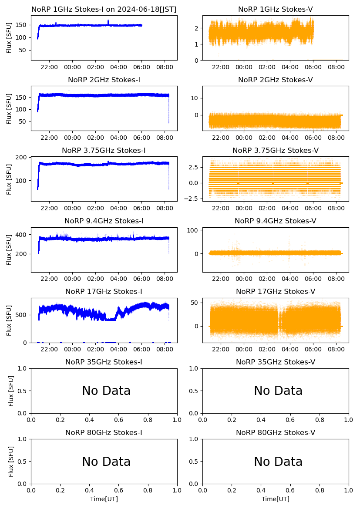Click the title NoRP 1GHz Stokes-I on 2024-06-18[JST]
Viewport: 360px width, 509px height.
pos(104,10)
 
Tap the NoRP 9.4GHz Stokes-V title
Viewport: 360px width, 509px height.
pos(276,221)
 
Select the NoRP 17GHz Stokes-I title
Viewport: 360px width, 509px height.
pos(104,292)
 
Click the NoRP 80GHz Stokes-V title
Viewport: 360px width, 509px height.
pos(276,433)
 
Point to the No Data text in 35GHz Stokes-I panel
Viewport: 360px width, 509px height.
pos(106,391)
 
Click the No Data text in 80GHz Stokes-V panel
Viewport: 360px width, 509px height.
pos(278,462)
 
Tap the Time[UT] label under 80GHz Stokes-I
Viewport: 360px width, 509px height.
pos(104,499)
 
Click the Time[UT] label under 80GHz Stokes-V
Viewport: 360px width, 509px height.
pos(276,499)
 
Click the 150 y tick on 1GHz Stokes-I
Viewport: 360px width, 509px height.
pos(22,25)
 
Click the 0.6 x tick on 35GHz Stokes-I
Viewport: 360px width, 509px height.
pos(119,420)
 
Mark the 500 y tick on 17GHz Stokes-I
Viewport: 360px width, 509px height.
pos(22,315)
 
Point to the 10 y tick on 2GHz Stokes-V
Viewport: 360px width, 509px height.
pos(195,98)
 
